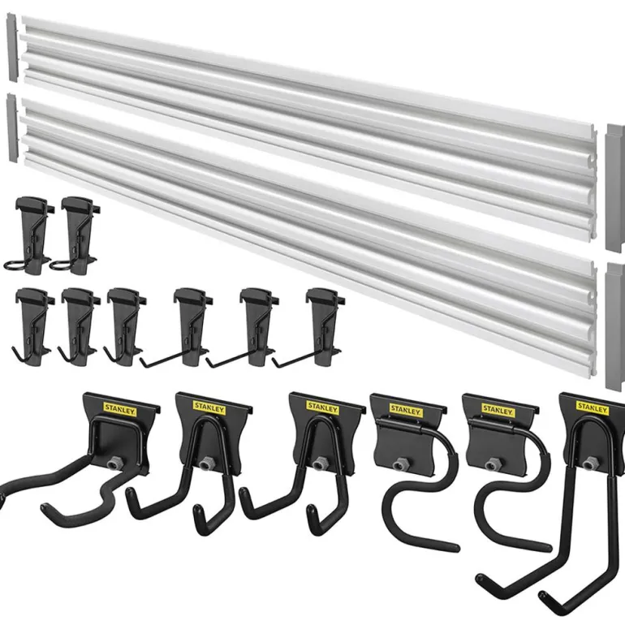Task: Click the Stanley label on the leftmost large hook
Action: tap(120, 409)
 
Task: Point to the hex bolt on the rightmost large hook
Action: tap(588, 463)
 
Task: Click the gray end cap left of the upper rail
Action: tap(12, 48)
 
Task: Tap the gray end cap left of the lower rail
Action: tap(12, 128)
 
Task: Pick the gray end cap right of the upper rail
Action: tap(615, 188)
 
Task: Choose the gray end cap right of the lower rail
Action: tap(615, 326)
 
